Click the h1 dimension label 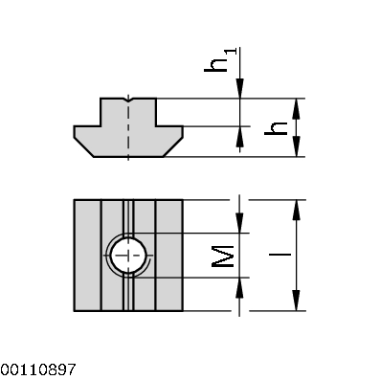click(220, 60)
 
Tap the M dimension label click(221, 256)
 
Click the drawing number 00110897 click(38, 368)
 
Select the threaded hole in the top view click(127, 256)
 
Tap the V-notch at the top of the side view click(127, 100)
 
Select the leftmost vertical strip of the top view click(86, 256)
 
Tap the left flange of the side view click(88, 134)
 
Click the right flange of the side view click(167, 134)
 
